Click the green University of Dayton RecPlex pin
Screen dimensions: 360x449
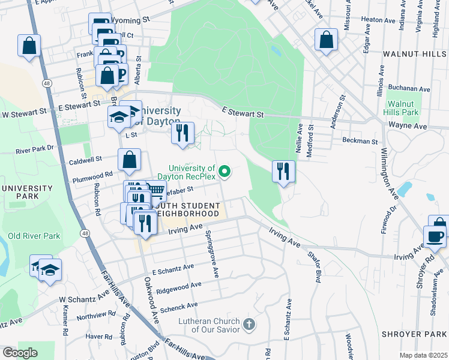[x=225, y=172]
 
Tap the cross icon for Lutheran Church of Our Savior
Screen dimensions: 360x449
[x=249, y=325]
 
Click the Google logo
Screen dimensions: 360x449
[x=20, y=353]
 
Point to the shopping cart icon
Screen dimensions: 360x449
[x=156, y=191]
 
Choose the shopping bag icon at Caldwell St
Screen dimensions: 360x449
[x=130, y=160]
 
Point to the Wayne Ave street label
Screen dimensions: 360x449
[x=408, y=127]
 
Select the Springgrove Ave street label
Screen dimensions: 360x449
[x=211, y=254]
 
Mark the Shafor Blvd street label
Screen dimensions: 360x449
[x=314, y=266]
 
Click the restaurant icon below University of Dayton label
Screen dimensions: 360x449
[x=183, y=133]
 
